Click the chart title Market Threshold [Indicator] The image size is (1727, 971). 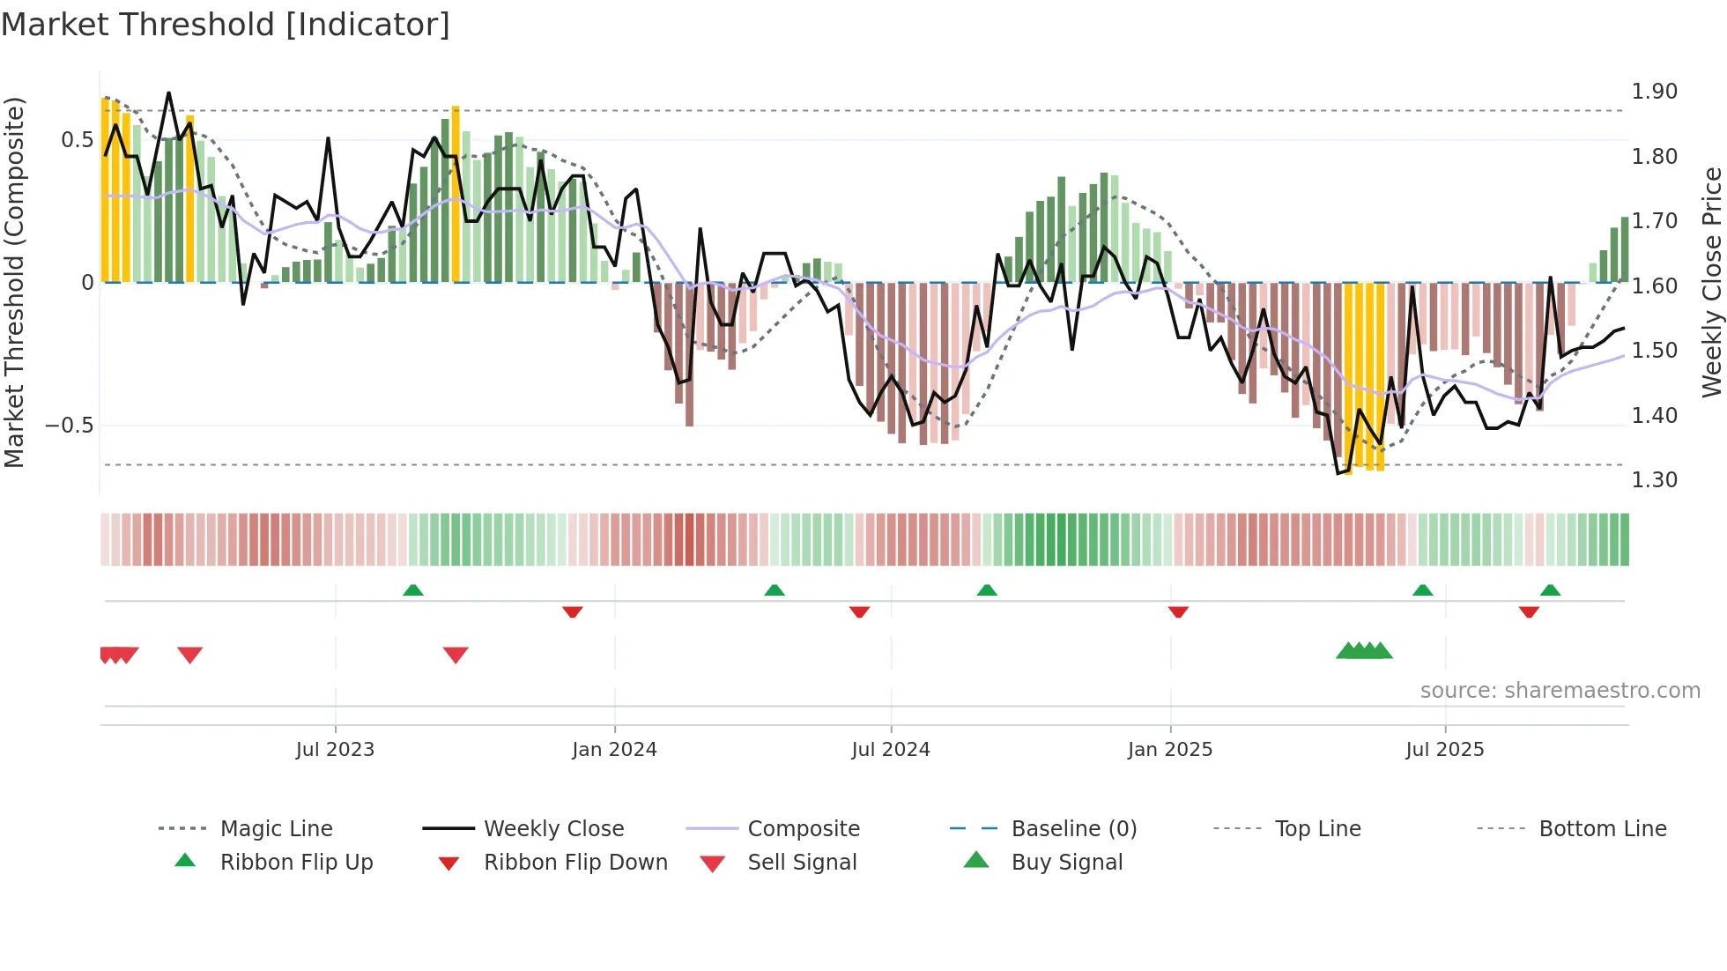[226, 25]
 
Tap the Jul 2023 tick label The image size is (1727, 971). [335, 750]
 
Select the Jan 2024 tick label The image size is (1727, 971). [614, 750]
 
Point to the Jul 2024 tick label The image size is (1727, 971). [890, 750]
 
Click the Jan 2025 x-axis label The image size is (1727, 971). [1169, 750]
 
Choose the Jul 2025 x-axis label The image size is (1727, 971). [1444, 750]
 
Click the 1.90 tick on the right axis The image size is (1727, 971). [1654, 92]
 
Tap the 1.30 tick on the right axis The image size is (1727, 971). [1654, 480]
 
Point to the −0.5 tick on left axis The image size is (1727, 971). [69, 426]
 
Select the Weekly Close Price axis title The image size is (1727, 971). [1711, 282]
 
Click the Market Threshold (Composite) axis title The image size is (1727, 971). [14, 282]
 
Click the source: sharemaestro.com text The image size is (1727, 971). [1560, 691]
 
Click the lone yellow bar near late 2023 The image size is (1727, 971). [456, 194]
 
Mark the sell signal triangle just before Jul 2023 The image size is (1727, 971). [190, 655]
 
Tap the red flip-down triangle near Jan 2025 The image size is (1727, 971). [1178, 612]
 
